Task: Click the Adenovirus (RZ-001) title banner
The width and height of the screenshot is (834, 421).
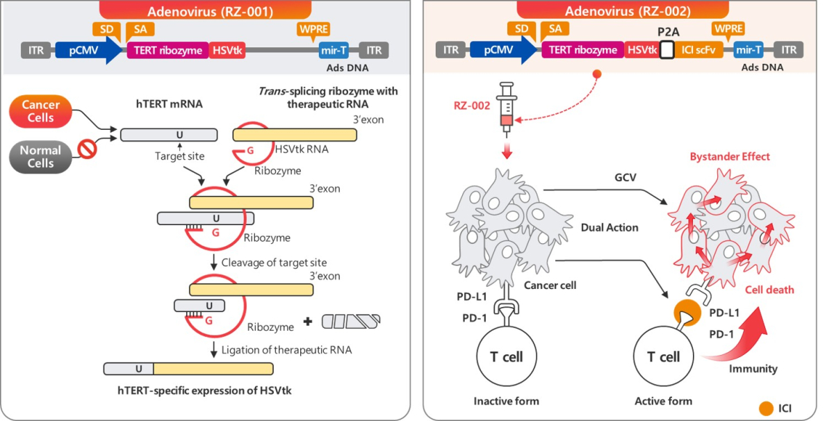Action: click(x=205, y=10)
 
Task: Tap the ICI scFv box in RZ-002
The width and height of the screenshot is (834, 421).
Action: click(x=698, y=50)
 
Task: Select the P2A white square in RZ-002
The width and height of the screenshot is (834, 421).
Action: click(x=667, y=50)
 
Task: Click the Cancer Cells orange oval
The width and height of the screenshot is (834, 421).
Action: click(x=40, y=111)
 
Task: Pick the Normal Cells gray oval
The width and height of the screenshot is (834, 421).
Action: click(x=40, y=157)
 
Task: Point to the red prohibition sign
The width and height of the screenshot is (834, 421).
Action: click(x=87, y=149)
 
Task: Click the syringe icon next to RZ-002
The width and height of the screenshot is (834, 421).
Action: click(x=507, y=108)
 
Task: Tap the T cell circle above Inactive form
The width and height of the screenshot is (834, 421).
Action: click(x=507, y=356)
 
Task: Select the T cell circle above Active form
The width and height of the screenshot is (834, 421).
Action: click(x=664, y=356)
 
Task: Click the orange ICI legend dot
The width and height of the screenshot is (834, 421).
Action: click(x=766, y=408)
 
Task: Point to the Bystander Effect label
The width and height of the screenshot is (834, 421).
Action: click(x=730, y=156)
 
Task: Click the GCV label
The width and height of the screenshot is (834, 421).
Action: click(x=625, y=177)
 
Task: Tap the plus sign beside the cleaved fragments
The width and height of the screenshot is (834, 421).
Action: click(x=307, y=321)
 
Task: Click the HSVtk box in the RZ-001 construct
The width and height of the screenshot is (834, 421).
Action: click(x=227, y=50)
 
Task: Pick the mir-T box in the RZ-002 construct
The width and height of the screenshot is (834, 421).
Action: click(x=749, y=50)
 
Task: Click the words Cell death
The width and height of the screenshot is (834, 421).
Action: click(x=769, y=290)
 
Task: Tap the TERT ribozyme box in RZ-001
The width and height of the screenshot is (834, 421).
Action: click(x=168, y=50)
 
